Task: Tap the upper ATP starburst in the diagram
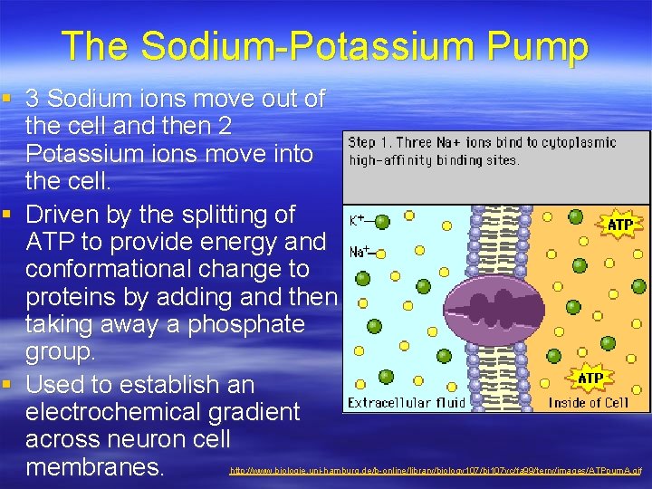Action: [x=619, y=223]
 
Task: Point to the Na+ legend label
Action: [x=360, y=253]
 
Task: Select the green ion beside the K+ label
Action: [x=381, y=221]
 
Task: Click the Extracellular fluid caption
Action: [x=407, y=402]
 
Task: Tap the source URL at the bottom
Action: [x=436, y=471]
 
